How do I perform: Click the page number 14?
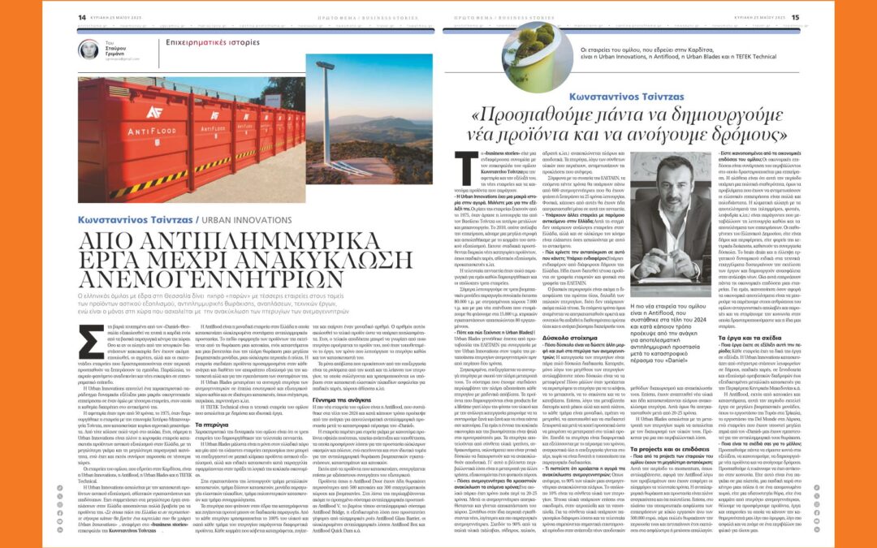82,16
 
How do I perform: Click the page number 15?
796,16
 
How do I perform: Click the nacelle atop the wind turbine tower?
326,65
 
